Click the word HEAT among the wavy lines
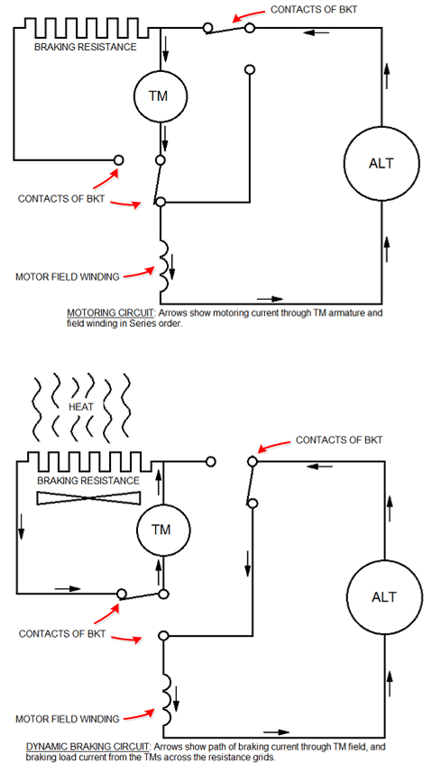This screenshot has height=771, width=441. [x=82, y=408]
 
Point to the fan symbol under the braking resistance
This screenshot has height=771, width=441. [x=89, y=497]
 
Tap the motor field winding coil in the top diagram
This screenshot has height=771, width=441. [x=165, y=266]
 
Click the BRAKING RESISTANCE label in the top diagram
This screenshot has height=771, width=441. [x=85, y=47]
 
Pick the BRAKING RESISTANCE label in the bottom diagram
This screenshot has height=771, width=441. [x=88, y=480]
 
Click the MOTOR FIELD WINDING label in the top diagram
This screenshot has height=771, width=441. [x=68, y=277]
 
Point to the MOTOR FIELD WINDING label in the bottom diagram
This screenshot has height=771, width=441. [x=68, y=719]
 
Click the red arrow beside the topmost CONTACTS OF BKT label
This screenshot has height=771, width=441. [x=249, y=14]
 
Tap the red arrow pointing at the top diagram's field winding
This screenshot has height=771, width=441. [x=139, y=274]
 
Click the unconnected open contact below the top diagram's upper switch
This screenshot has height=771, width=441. [x=250, y=69]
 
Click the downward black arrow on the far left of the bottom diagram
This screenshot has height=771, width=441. [x=22, y=529]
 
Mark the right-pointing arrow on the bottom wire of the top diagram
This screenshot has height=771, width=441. [x=270, y=298]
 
